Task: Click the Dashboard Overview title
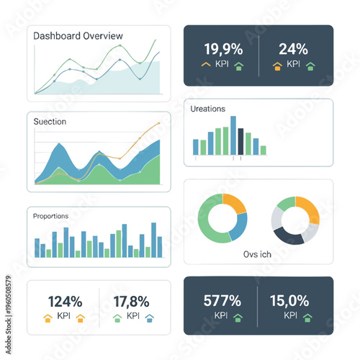78,36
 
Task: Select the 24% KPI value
293,49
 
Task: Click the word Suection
50,122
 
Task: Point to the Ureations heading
208,109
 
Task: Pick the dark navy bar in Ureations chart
240,142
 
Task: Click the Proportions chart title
50,215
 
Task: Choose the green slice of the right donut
285,204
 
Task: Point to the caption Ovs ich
258,254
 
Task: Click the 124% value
65,302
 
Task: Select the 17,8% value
132,302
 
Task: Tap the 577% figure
222,300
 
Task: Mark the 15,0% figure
289,300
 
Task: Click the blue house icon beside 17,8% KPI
150,317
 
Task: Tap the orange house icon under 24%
277,66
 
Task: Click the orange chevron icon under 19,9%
205,65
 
